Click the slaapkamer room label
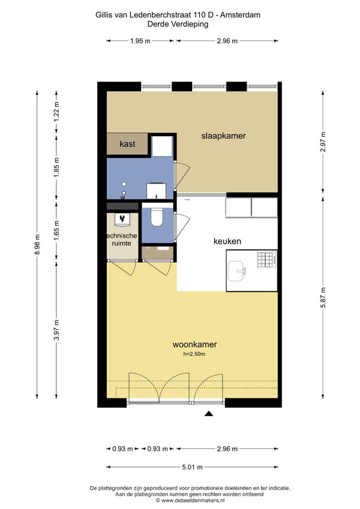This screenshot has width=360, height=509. [223, 136]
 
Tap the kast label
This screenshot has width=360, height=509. [127, 144]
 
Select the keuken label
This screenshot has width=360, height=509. [227, 241]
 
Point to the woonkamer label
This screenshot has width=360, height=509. [194, 344]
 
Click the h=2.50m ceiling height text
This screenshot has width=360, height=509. [194, 354]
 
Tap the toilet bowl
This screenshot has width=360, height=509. [157, 217]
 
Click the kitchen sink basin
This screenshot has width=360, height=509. [236, 271]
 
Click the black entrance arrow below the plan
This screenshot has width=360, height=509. [208, 414]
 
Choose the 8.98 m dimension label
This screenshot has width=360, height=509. [37, 245]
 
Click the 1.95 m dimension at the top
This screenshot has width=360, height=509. [140, 41]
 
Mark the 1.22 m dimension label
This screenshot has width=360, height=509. [57, 112]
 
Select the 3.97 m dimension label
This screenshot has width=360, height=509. [57, 330]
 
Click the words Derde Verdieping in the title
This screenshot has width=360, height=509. [178, 23]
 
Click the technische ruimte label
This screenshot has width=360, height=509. [122, 239]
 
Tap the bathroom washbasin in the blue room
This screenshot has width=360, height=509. [157, 191]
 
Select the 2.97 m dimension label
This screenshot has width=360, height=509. [323, 142]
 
